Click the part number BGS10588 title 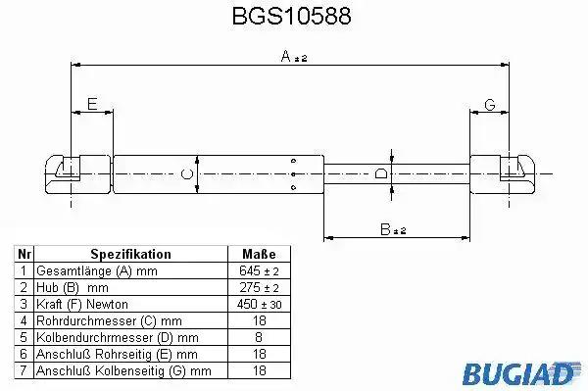[291, 16]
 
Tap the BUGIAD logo [521, 373]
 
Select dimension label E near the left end [92, 104]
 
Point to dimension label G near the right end [490, 104]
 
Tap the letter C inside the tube [186, 174]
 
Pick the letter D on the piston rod [381, 173]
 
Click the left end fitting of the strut [78, 174]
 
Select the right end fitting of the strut [503, 174]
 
